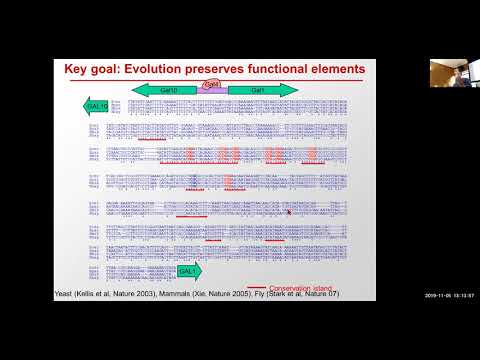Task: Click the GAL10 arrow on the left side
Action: coord(96,105)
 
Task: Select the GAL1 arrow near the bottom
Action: coord(188,270)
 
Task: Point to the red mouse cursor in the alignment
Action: coord(288,211)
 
